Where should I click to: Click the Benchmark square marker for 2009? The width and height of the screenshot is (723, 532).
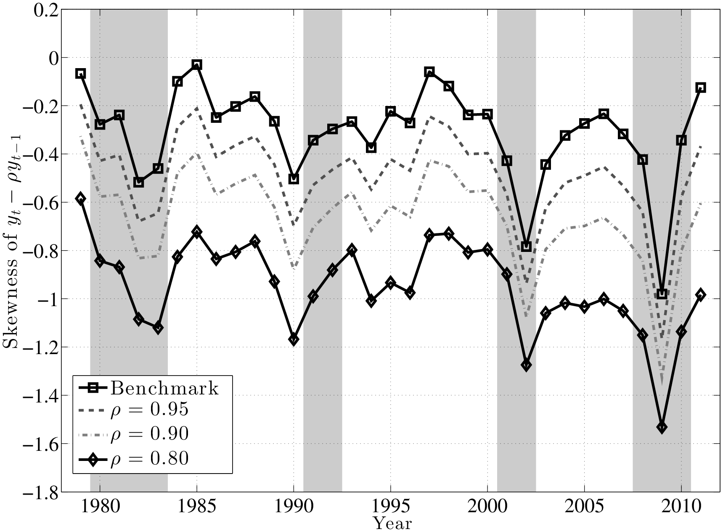[x=662, y=294]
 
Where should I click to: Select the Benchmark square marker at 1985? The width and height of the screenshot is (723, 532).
[x=196, y=64]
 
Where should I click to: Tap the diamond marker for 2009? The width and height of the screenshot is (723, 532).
[x=662, y=428]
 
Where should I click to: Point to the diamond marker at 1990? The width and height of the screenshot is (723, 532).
[x=294, y=339]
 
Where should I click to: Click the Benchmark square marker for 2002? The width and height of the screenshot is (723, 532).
[x=526, y=246]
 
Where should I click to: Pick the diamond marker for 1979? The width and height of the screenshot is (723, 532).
[x=81, y=199]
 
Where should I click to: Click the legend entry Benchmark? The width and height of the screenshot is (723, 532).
[x=164, y=388]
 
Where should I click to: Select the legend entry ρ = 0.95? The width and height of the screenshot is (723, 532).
[x=149, y=410]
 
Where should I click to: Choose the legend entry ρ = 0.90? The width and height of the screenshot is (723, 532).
[x=149, y=434]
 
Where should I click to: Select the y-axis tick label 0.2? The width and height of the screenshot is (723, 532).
[x=45, y=10]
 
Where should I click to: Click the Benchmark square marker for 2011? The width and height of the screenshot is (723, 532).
[x=701, y=87]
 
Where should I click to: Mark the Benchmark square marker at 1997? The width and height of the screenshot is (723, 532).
[x=429, y=71]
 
